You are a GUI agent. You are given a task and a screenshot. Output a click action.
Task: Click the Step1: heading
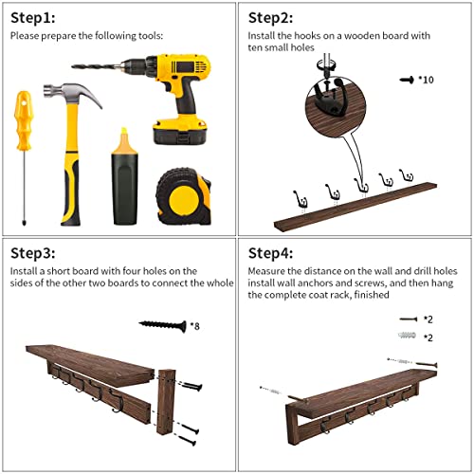33,18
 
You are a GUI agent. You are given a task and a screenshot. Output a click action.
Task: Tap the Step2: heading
270,18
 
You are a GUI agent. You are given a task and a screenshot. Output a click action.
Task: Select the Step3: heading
33,253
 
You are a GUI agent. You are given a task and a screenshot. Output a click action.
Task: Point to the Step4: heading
270,253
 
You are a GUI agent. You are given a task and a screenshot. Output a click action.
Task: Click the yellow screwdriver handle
24,120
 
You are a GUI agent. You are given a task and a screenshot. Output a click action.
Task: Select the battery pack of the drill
179,132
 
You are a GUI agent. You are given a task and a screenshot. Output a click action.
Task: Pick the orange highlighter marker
125,176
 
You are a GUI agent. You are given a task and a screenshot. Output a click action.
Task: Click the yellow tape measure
184,196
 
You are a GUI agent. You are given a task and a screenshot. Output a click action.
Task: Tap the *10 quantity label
426,80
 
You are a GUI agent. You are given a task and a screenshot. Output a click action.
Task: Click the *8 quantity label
195,326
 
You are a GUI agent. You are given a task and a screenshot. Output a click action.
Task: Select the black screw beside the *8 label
162,325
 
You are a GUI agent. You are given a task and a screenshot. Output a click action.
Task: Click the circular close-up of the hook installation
336,107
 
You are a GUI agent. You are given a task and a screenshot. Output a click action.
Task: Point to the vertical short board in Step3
165,401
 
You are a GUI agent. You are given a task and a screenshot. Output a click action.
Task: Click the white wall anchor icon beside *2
407,335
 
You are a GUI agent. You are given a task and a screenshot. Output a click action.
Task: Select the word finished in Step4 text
372,295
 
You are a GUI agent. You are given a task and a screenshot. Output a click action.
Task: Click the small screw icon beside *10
407,80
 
